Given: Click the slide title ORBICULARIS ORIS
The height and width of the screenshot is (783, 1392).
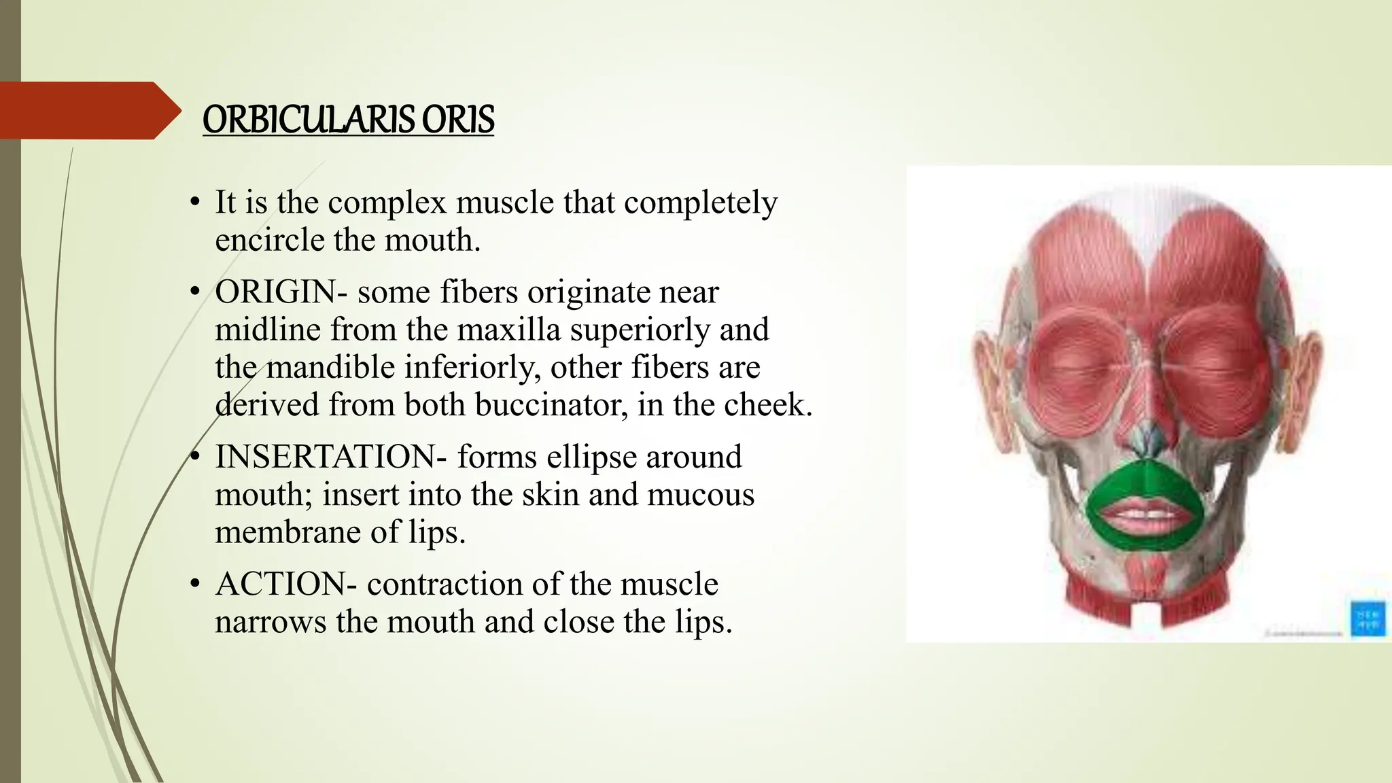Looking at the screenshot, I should [x=348, y=120].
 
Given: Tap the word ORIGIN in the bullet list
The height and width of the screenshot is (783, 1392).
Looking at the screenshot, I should [x=275, y=292].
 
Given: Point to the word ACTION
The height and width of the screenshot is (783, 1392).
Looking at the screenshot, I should [x=281, y=585].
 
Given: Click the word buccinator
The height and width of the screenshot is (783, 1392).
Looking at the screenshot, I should [x=547, y=405].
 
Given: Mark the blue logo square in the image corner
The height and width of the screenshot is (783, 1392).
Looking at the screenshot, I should [x=1368, y=619].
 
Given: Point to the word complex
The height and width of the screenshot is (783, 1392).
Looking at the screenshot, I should [x=387, y=203].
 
